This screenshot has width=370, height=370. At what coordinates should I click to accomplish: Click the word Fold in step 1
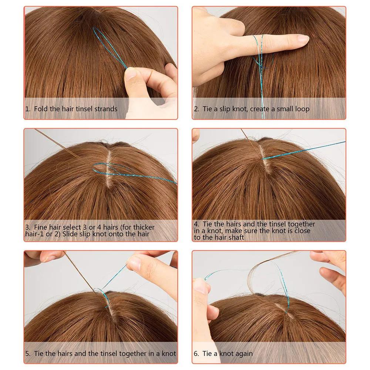point(41,109)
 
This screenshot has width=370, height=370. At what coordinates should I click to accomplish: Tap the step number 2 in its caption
point(196,109)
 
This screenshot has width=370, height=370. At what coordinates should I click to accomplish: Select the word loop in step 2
point(302,109)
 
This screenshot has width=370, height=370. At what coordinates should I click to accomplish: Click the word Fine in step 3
point(41,227)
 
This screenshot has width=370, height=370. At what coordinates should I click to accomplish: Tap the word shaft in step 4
point(236,237)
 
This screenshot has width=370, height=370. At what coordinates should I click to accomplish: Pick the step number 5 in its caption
point(27,353)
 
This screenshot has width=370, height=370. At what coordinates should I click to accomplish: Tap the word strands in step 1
point(106,109)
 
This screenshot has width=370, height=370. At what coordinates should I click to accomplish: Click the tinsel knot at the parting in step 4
point(263,158)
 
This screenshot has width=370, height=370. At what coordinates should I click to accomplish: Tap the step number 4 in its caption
point(196,224)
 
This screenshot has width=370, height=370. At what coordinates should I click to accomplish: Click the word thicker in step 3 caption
point(144,227)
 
